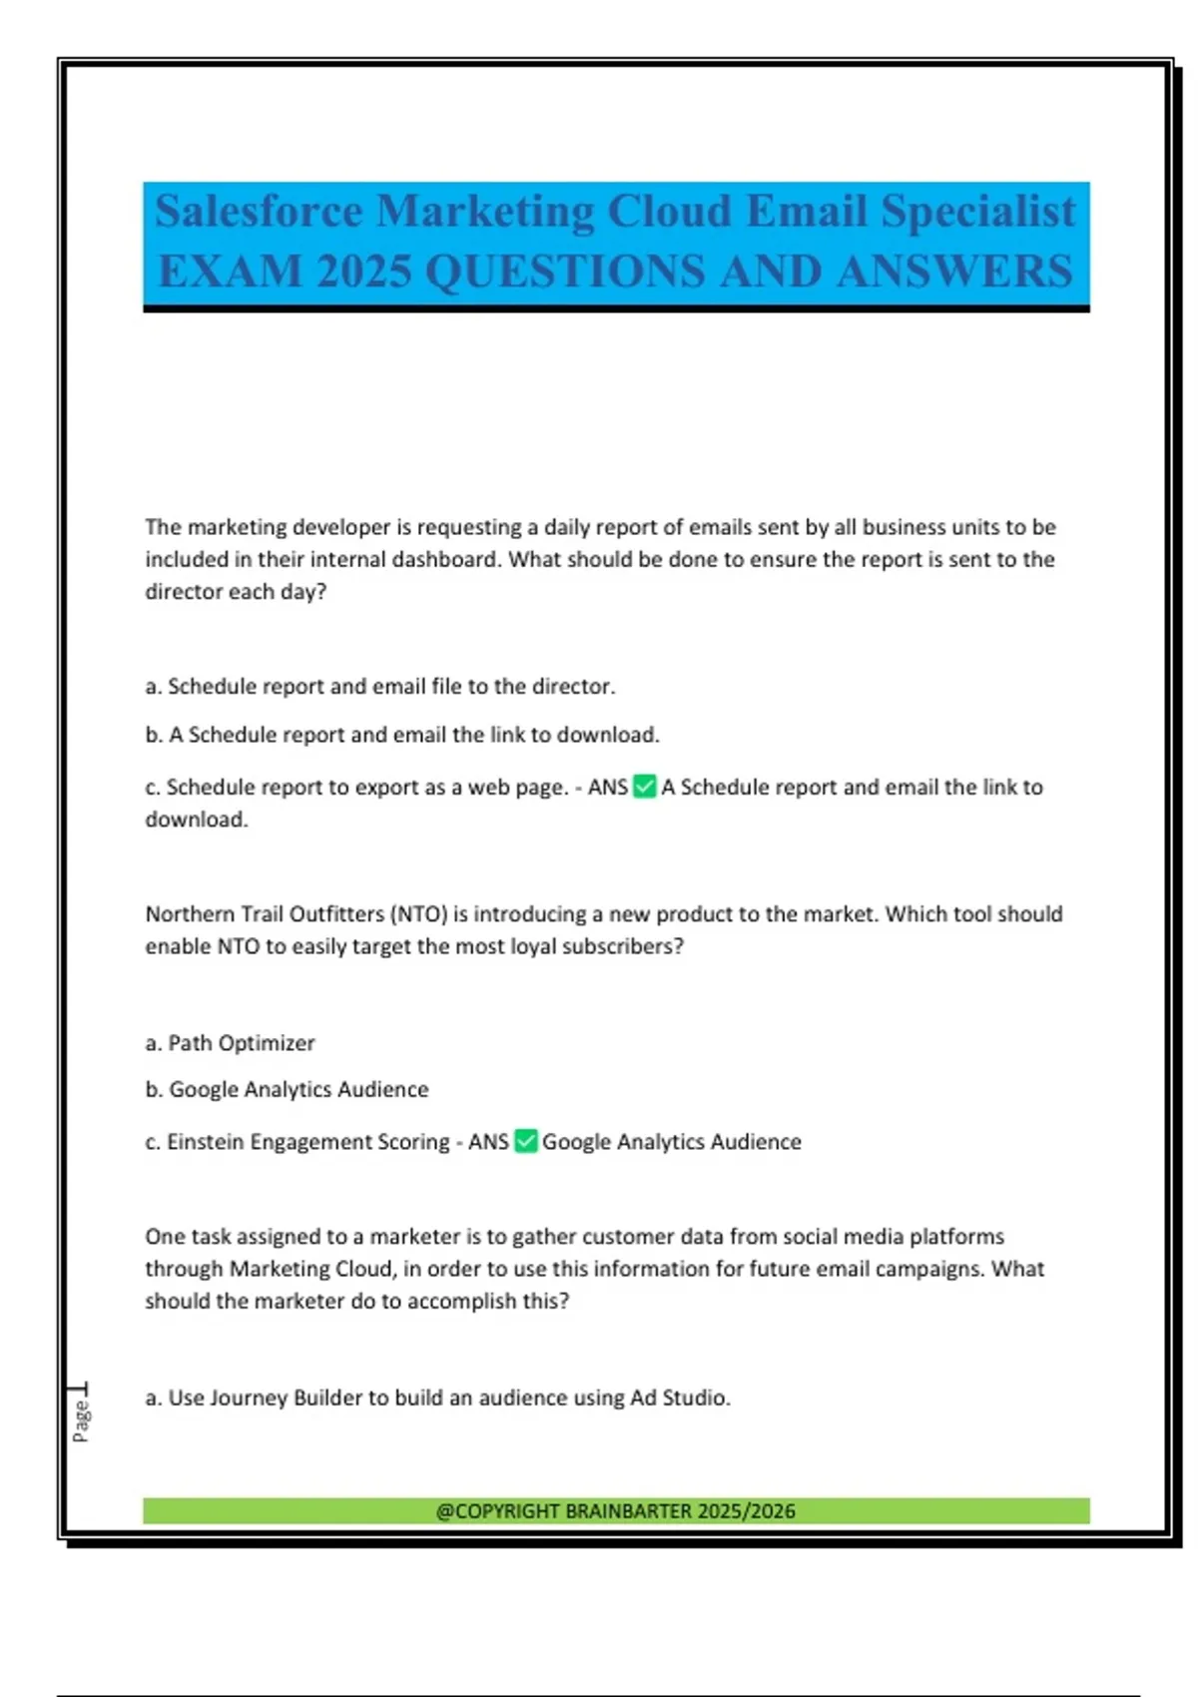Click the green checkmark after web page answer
coord(645,787)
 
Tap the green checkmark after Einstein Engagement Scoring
coord(526,1141)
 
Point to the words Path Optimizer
coord(241,1042)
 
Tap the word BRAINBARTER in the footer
coord(628,1510)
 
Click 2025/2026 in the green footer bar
coord(746,1510)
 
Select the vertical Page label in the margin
coord(81,1419)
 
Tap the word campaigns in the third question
coord(927,1269)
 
